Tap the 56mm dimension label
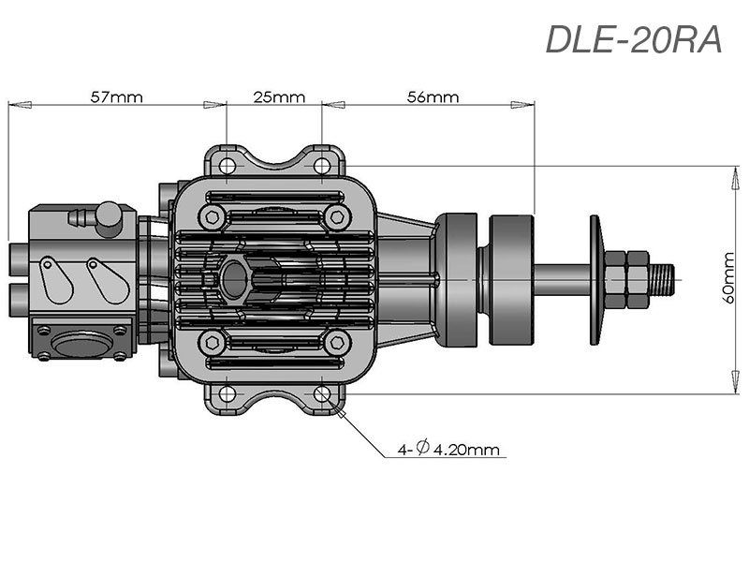[433, 97]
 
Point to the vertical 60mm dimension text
[729, 278]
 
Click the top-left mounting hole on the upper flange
[227, 165]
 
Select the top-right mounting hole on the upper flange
[322, 165]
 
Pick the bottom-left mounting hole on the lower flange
[227, 393]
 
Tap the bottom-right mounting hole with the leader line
[322, 393]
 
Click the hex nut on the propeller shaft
[625, 278]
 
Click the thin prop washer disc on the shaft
[595, 278]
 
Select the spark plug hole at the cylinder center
[232, 278]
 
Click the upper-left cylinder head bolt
[212, 217]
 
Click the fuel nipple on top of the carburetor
[82, 218]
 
